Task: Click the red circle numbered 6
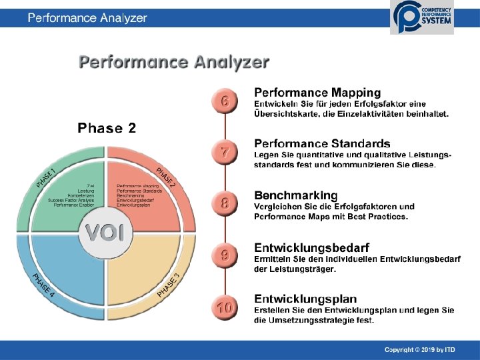[x=225, y=101]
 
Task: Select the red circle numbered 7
[x=225, y=153]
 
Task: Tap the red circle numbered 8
[x=225, y=203]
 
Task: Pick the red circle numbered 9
[x=225, y=255]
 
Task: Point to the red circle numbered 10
[x=225, y=307]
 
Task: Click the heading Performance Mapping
[x=317, y=93]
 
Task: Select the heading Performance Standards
[x=322, y=143]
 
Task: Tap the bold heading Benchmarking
[x=296, y=195]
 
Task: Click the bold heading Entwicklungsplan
[x=305, y=299]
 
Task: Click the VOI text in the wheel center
[x=105, y=233]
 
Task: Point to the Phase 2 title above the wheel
[x=107, y=127]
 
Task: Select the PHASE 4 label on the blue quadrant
[x=44, y=285]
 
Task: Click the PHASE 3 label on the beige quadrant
[x=167, y=285]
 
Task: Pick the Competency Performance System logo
[x=423, y=17]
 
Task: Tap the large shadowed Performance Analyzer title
[x=174, y=63]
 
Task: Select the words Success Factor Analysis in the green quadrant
[x=71, y=200]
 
